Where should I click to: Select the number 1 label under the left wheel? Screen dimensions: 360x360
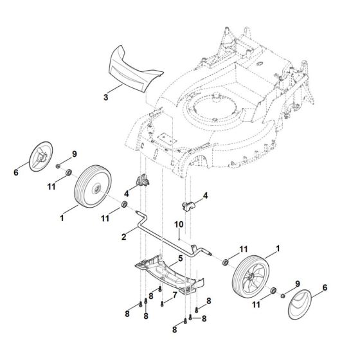[x=62, y=219]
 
